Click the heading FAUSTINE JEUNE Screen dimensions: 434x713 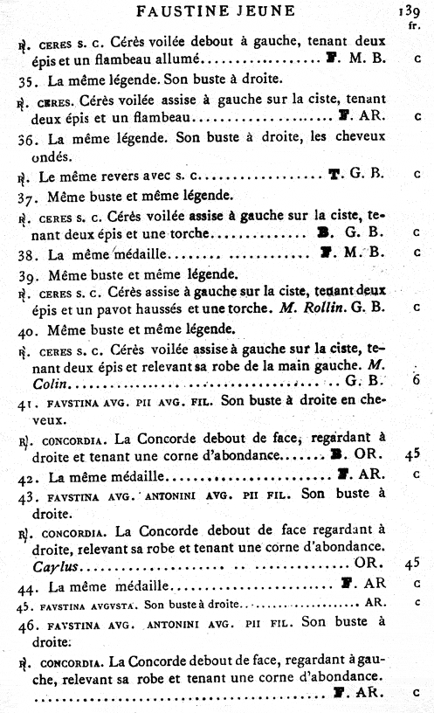pos(217,10)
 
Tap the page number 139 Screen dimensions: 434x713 pos(410,11)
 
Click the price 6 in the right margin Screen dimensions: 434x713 pos(417,380)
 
